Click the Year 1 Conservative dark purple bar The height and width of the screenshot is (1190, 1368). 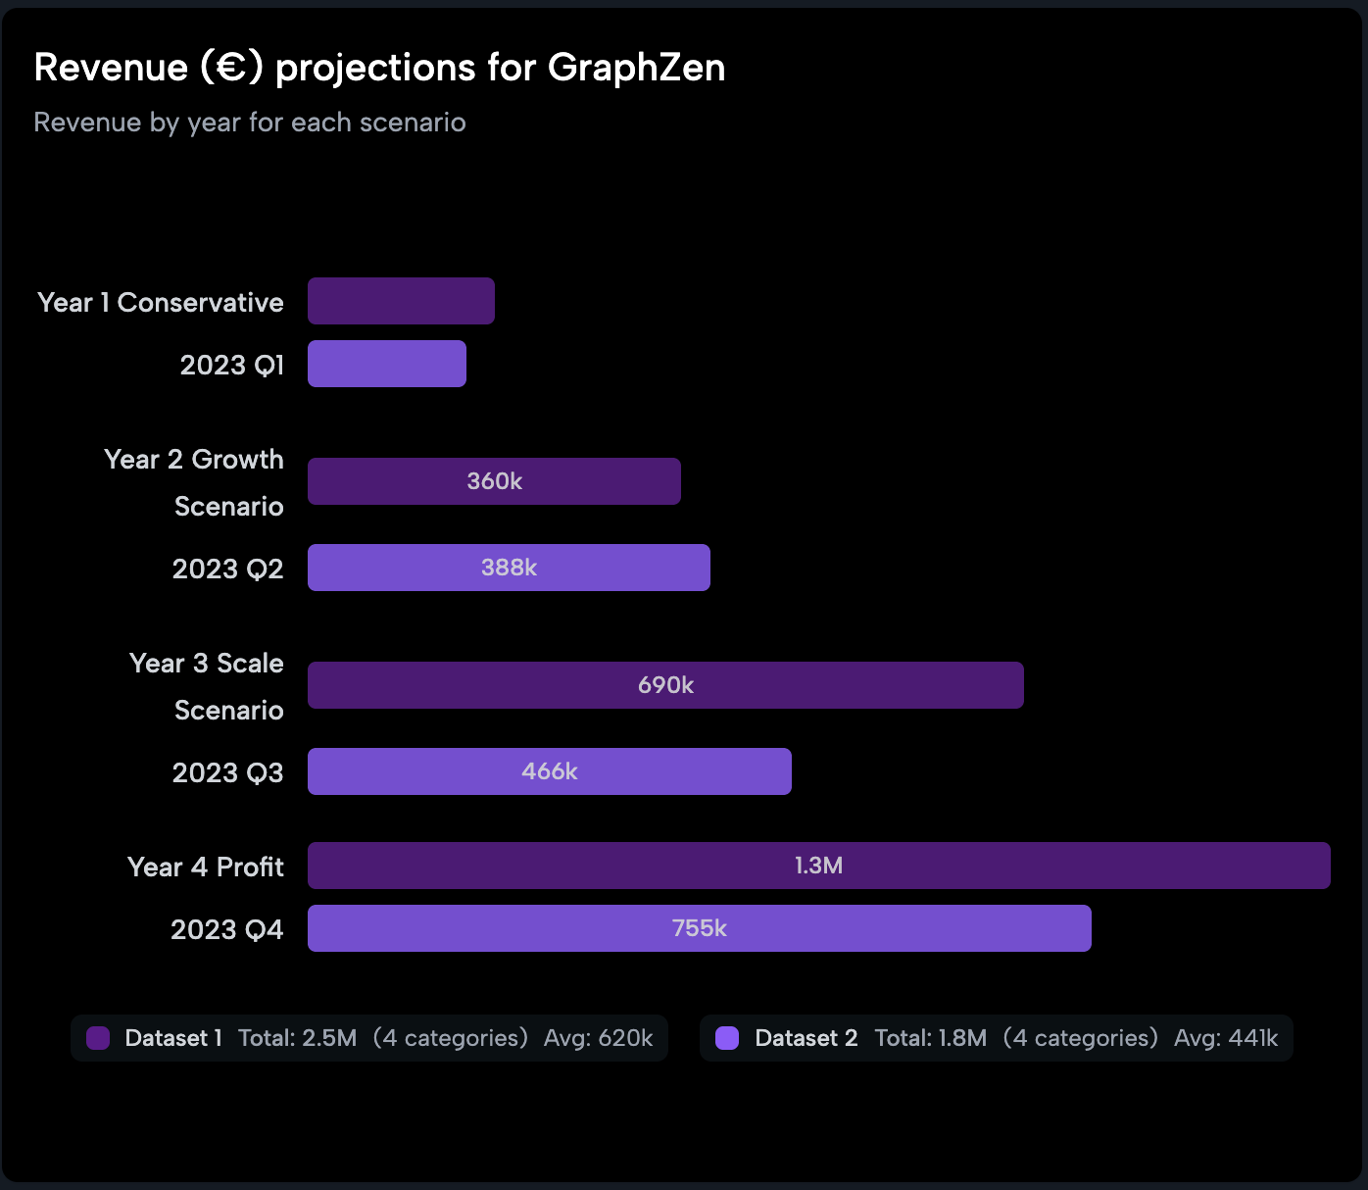401,301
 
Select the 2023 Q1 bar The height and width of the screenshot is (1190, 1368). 387,364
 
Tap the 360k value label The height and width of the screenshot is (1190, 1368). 494,481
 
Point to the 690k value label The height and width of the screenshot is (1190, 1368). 665,685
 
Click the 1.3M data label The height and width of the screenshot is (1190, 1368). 818,866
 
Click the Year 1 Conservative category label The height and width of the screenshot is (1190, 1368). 161,303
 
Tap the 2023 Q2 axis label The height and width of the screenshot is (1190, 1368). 227,570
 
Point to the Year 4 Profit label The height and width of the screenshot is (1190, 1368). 206,868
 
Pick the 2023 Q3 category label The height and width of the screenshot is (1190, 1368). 227,773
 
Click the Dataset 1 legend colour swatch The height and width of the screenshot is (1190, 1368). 98,1038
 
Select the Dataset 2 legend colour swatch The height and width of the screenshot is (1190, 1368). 727,1038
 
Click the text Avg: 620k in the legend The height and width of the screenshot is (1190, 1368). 598,1038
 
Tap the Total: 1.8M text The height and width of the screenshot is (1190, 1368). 930,1038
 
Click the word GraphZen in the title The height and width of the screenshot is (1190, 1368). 636,68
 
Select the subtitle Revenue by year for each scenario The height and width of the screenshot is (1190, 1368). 250,123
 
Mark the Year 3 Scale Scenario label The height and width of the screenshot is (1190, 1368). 207,686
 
